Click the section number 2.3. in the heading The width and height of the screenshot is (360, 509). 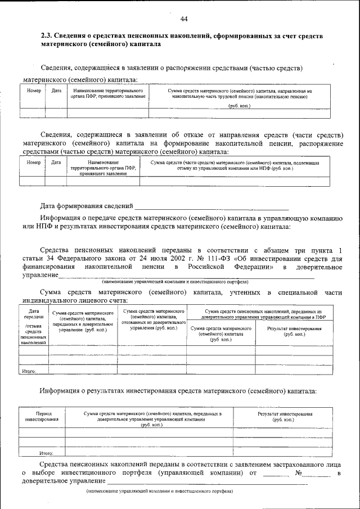pyautogui.click(x=47, y=36)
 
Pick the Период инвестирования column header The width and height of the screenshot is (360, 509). pyautogui.click(x=42, y=417)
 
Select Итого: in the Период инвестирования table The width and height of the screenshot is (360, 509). pyautogui.click(x=46, y=452)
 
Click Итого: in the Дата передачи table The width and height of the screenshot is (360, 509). pyautogui.click(x=29, y=371)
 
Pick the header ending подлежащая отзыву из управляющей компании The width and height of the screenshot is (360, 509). pyautogui.click(x=235, y=165)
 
